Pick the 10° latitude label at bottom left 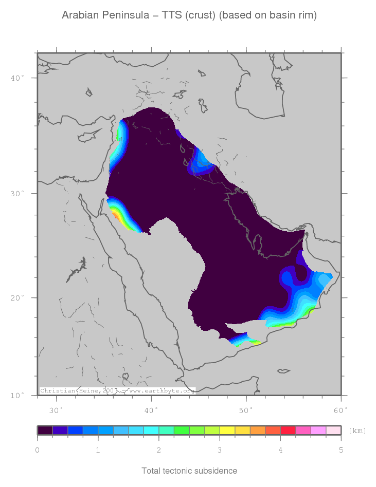pyautogui.click(x=18, y=396)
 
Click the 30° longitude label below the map pyautogui.click(x=56, y=410)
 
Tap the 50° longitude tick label pyautogui.click(x=246, y=410)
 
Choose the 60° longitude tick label pyautogui.click(x=341, y=410)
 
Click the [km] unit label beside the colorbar pyautogui.click(x=357, y=430)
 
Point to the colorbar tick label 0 pyautogui.click(x=38, y=451)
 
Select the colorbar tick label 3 pyautogui.click(x=220, y=451)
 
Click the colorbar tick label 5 pyautogui.click(x=341, y=451)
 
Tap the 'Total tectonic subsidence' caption pyautogui.click(x=189, y=471)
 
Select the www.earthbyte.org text pyautogui.click(x=162, y=391)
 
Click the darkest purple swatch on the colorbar pyautogui.click(x=45, y=430)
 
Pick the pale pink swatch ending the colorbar pyautogui.click(x=333, y=430)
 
